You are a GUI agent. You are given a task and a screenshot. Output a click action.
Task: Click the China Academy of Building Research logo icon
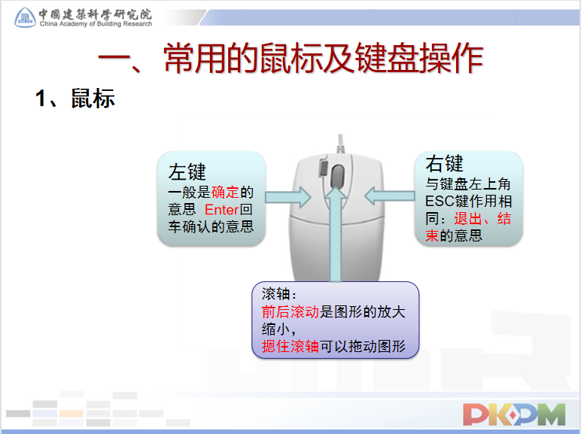(x=25, y=17)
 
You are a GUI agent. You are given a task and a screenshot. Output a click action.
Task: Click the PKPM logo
(x=514, y=414)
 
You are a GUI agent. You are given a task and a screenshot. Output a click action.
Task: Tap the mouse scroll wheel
(x=337, y=176)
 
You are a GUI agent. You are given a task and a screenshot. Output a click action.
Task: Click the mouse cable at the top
(x=340, y=144)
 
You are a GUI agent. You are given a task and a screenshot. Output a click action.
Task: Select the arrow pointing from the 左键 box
(x=288, y=197)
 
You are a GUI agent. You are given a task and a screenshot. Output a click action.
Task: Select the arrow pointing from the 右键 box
(x=389, y=196)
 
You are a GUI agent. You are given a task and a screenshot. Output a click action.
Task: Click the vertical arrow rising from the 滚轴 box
(x=336, y=234)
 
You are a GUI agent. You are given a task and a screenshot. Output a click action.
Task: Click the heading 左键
(x=187, y=171)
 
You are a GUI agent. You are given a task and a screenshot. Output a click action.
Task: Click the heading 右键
(x=444, y=163)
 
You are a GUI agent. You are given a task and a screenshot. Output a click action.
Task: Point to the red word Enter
(x=221, y=210)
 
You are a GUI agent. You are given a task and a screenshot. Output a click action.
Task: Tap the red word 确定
(x=225, y=193)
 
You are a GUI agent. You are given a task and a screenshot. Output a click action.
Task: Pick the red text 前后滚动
(x=290, y=312)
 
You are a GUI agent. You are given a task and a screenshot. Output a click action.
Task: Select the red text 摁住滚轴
(x=290, y=346)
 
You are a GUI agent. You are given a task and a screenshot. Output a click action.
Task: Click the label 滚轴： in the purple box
(x=279, y=294)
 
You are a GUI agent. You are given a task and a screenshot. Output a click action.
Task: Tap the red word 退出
(x=468, y=218)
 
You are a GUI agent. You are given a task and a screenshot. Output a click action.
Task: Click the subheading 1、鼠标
(x=75, y=99)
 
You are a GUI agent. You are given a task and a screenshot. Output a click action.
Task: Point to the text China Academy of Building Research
(x=96, y=24)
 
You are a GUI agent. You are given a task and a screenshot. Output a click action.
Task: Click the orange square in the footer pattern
(x=71, y=414)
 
